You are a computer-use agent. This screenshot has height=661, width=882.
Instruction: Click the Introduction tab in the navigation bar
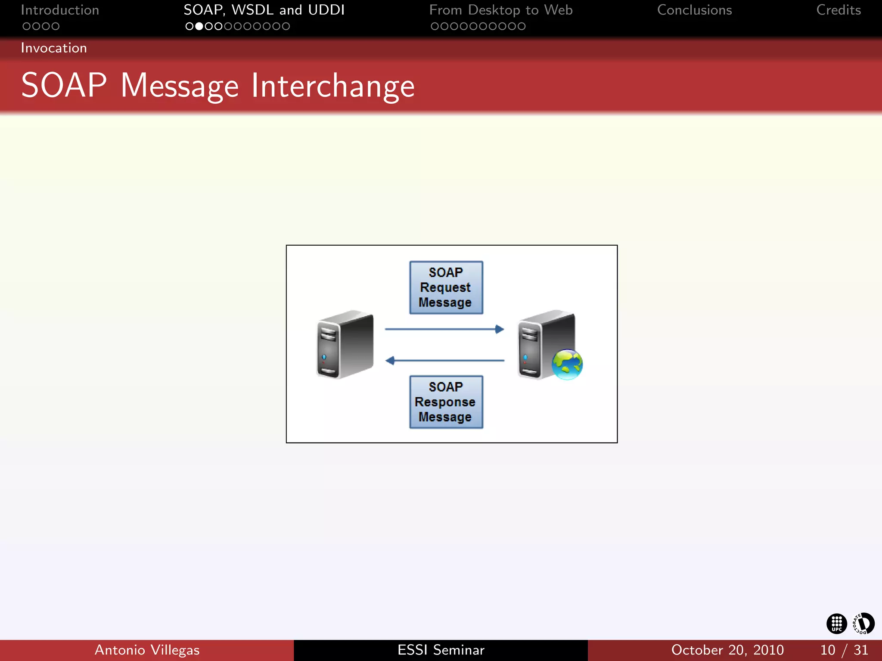pyautogui.click(x=60, y=10)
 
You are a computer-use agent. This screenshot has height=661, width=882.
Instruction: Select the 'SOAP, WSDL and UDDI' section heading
pyautogui.click(x=264, y=10)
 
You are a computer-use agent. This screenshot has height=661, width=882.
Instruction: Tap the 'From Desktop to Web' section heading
pyautogui.click(x=501, y=10)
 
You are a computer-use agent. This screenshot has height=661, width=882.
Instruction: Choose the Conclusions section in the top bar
pyautogui.click(x=694, y=10)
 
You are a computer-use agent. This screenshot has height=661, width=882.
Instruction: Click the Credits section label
pyautogui.click(x=838, y=10)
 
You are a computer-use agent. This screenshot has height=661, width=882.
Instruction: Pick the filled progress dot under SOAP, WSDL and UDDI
pyautogui.click(x=199, y=26)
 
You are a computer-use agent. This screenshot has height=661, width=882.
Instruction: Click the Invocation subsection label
pyautogui.click(x=54, y=48)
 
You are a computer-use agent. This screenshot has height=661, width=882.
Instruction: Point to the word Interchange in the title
pyautogui.click(x=333, y=86)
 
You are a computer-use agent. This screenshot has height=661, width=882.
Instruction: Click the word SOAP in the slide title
pyautogui.click(x=64, y=86)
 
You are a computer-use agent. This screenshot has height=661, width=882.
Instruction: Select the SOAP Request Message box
pyautogui.click(x=446, y=287)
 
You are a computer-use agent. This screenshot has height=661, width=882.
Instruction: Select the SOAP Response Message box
pyautogui.click(x=446, y=402)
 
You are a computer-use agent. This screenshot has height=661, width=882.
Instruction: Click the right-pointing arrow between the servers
pyautogui.click(x=444, y=329)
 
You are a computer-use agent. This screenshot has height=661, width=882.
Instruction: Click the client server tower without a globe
pyautogui.click(x=345, y=344)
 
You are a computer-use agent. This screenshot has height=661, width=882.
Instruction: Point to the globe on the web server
pyautogui.click(x=567, y=364)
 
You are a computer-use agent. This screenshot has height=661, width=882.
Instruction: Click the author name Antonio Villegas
pyautogui.click(x=147, y=650)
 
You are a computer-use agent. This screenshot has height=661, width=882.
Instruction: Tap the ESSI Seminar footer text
pyautogui.click(x=441, y=650)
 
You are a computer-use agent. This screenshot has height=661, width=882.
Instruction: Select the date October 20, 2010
pyautogui.click(x=727, y=650)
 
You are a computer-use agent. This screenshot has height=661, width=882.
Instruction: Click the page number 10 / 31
pyautogui.click(x=844, y=650)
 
